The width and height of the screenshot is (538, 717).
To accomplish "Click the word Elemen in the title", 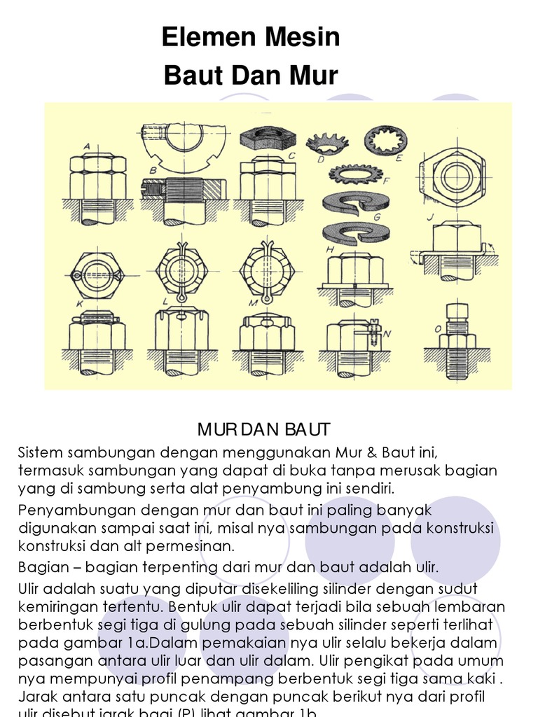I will [202, 38].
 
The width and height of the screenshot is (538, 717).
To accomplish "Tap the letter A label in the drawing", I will [86, 146].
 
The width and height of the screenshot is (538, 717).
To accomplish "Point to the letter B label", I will [152, 170].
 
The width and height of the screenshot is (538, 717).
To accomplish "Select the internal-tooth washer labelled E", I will [385, 140].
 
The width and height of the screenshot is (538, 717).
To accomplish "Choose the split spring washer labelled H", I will [355, 232].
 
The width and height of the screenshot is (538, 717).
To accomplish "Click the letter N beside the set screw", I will [387, 334].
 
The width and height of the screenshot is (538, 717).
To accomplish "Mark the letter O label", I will [437, 329].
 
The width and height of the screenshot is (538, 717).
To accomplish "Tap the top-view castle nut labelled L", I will [180, 270].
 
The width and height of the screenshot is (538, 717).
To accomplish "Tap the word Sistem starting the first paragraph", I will [41, 450].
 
